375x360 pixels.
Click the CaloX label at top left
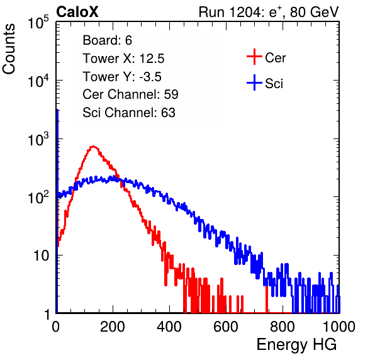(x=77, y=12)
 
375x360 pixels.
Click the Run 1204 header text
(x=269, y=12)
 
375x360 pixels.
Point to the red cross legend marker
(x=254, y=57)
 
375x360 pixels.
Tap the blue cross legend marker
(x=254, y=83)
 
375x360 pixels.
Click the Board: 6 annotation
(x=107, y=40)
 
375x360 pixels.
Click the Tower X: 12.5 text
(x=123, y=59)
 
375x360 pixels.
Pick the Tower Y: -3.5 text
(x=122, y=77)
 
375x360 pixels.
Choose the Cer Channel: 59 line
(x=130, y=94)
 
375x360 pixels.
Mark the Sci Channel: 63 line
(x=129, y=113)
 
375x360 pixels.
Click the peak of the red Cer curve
(x=93, y=146)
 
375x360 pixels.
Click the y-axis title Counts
(x=9, y=49)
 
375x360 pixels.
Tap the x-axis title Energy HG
(x=297, y=345)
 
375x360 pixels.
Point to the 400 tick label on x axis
(x=169, y=327)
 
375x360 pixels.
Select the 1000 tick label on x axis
(x=339, y=327)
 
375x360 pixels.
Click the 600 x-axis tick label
(x=226, y=327)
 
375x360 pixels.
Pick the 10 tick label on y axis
(x=41, y=256)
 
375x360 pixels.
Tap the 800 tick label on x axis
(x=283, y=327)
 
